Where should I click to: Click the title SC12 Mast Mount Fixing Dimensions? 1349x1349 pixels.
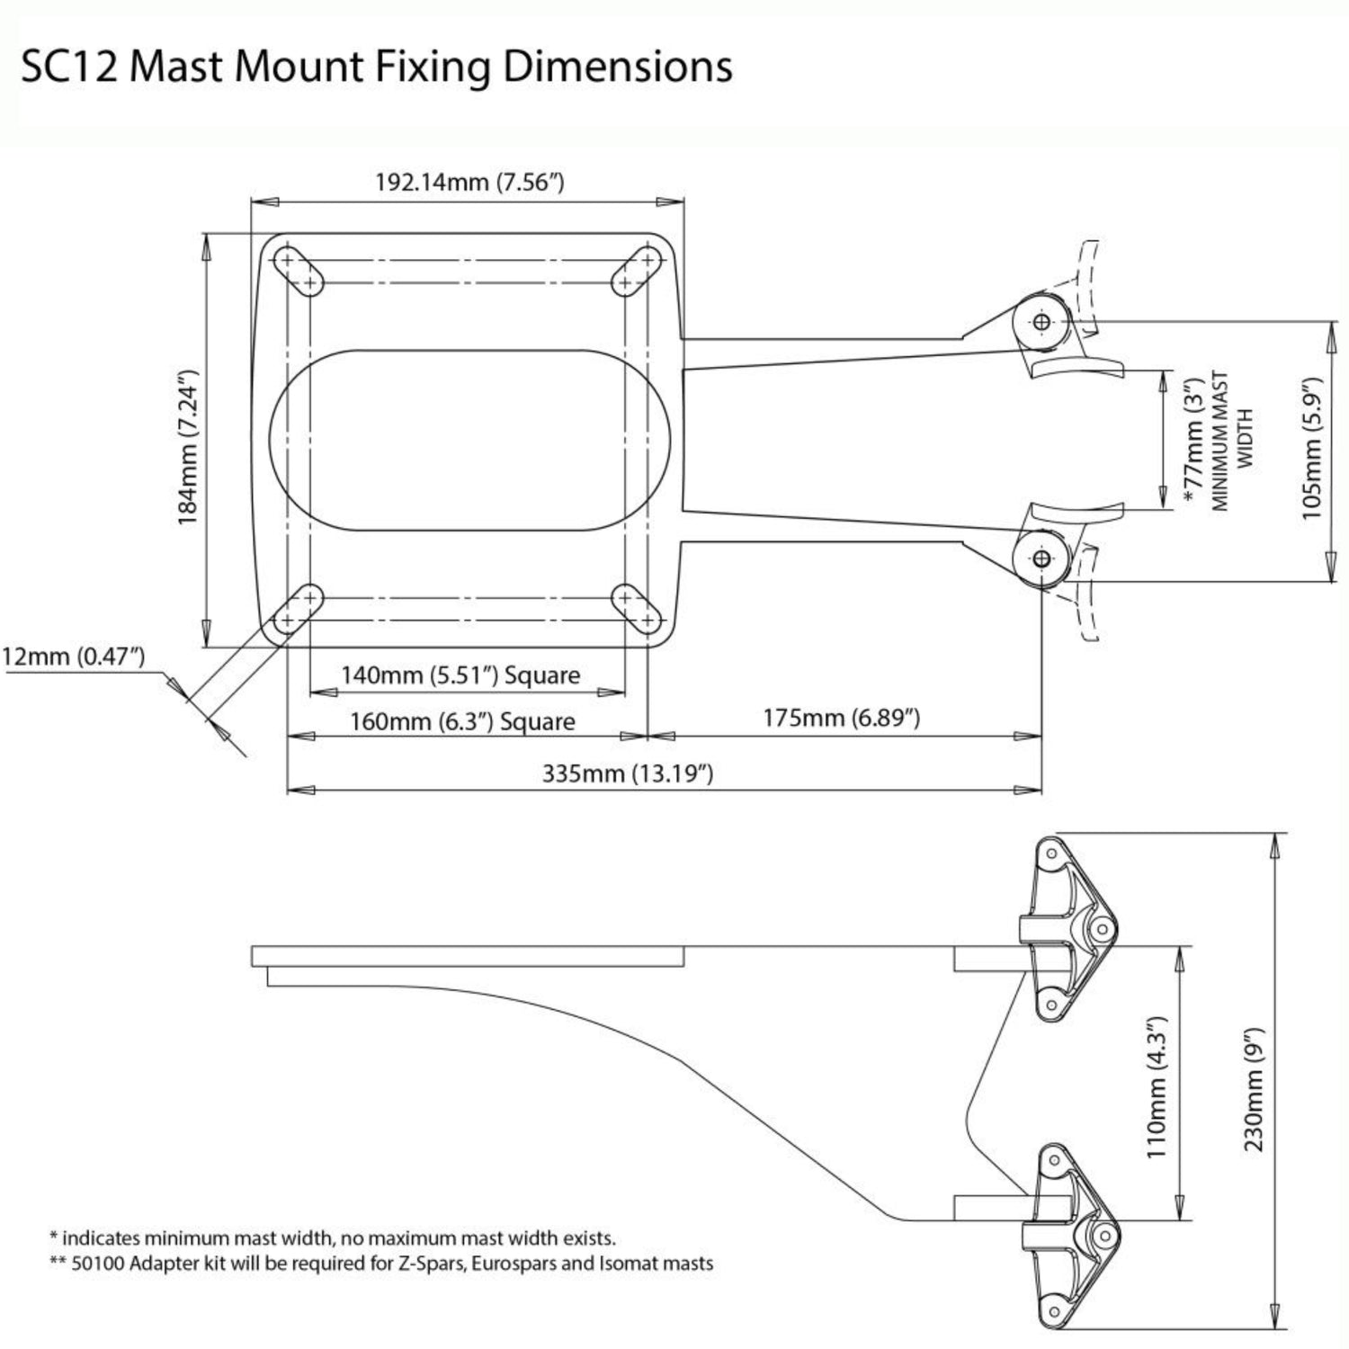(x=376, y=67)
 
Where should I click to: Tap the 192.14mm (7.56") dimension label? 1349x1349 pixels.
(x=469, y=183)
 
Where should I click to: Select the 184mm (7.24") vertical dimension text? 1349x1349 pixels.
(x=187, y=447)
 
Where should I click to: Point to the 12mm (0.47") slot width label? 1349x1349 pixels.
(x=73, y=656)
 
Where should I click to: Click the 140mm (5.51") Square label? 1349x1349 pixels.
(x=460, y=674)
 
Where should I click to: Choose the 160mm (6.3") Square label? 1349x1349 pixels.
(x=462, y=721)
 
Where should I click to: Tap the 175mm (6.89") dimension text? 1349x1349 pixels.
(x=842, y=718)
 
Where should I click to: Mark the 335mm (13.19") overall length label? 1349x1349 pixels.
(x=628, y=773)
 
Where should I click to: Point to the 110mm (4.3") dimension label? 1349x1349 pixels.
(x=1157, y=1087)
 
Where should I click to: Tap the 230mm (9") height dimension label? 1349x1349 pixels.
(x=1254, y=1089)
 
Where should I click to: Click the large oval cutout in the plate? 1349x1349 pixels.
(x=469, y=440)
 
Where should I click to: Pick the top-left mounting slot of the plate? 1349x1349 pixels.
(x=298, y=271)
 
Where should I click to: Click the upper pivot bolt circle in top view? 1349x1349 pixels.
(x=1041, y=321)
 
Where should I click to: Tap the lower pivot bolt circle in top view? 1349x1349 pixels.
(x=1041, y=559)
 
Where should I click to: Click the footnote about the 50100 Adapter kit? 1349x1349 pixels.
(x=381, y=1264)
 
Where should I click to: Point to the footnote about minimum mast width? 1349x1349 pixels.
(x=333, y=1238)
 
